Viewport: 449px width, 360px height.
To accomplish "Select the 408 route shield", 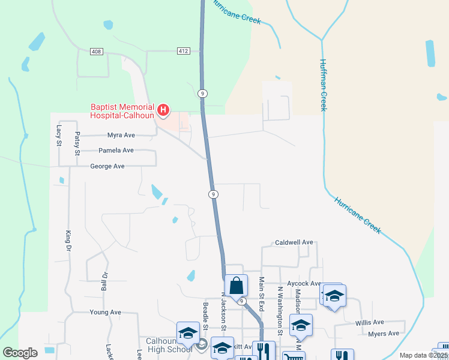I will coord(96,52).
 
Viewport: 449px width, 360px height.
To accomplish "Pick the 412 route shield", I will coord(184,51).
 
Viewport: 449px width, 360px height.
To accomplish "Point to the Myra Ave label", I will coord(121,136).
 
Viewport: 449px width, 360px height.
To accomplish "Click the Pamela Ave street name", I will coord(116,151).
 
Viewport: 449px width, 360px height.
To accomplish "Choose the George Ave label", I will coord(107,166).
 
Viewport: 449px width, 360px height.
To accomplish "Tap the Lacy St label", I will coord(59,135).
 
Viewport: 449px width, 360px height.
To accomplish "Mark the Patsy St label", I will coord(77,143).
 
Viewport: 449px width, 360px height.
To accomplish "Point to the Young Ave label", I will coord(105,313).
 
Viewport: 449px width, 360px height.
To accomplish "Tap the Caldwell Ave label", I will coord(294,242).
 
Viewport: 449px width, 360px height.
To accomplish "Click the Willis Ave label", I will coord(369,322).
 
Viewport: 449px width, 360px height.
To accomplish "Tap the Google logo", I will coord(20,353).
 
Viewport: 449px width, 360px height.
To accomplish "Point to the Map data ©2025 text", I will coord(423,355).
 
